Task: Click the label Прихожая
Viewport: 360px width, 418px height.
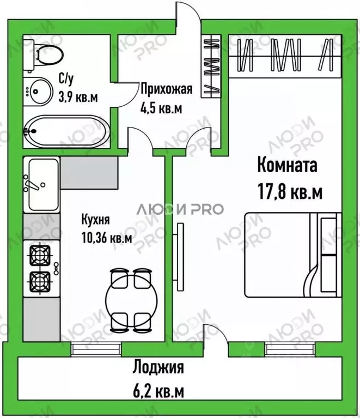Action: [166, 89]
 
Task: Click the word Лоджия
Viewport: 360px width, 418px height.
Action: [158, 368]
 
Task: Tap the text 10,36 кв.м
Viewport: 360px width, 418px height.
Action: [106, 238]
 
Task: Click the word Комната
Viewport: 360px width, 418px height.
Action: [286, 165]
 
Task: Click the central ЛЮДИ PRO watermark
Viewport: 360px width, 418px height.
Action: [179, 209]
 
